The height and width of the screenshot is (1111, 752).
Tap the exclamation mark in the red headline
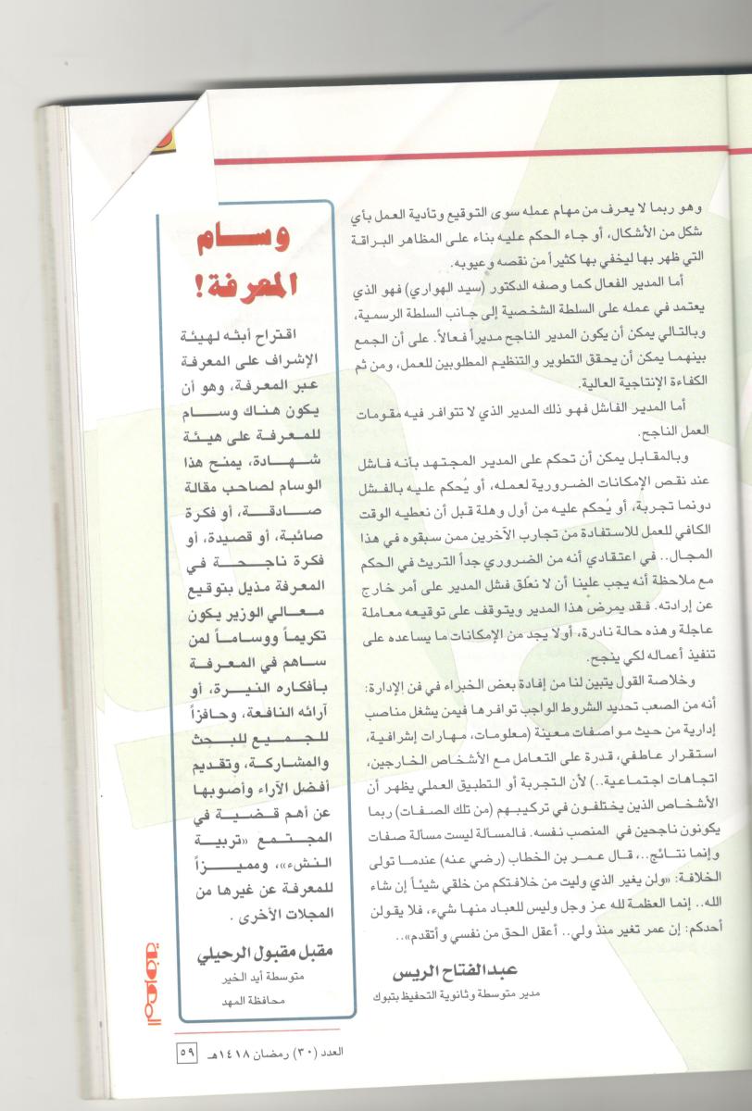pyautogui.click(x=189, y=285)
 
